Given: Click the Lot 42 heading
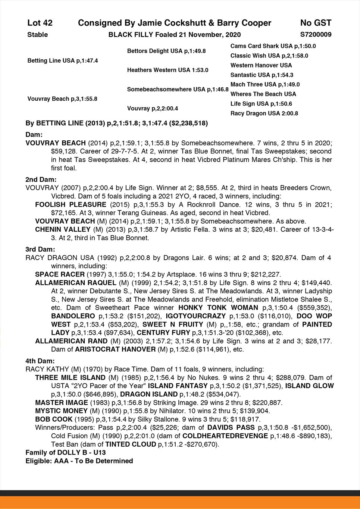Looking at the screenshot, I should pos(40,23).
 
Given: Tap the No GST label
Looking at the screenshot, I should pos(316,23).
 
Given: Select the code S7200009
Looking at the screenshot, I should pos(316,35).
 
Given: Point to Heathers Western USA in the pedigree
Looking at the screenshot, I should pos(168,70).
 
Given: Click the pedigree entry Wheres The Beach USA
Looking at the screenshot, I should pos(263,94).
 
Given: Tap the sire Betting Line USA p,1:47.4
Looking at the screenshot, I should pos(63,60).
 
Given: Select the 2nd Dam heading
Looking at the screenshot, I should pos(41,179).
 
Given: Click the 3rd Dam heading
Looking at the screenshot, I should pos(40,249).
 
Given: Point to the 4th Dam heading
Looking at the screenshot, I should pos(40,361).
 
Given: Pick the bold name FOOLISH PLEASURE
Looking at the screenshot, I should pos(71,204).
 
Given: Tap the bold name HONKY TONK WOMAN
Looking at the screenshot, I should pos(218,308).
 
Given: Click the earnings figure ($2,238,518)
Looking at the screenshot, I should pos(189,123).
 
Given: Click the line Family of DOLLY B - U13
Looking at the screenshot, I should pos(66,453).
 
